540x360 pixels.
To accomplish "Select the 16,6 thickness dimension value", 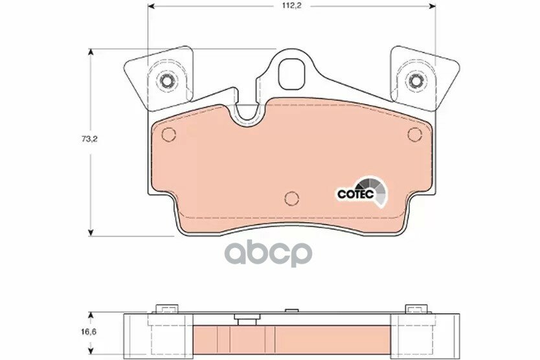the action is [x=89, y=332].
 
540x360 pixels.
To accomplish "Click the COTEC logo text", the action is [x=355, y=194].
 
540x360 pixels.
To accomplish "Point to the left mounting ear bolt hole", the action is [x=167, y=81].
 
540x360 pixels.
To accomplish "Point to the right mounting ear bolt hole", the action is [x=416, y=81].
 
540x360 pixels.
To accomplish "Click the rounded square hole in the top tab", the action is [x=291, y=74].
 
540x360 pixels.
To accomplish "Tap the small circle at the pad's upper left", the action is [x=169, y=135].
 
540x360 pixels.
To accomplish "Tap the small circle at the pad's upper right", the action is [x=414, y=134].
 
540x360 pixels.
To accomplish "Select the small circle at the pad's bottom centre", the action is [x=292, y=198].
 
